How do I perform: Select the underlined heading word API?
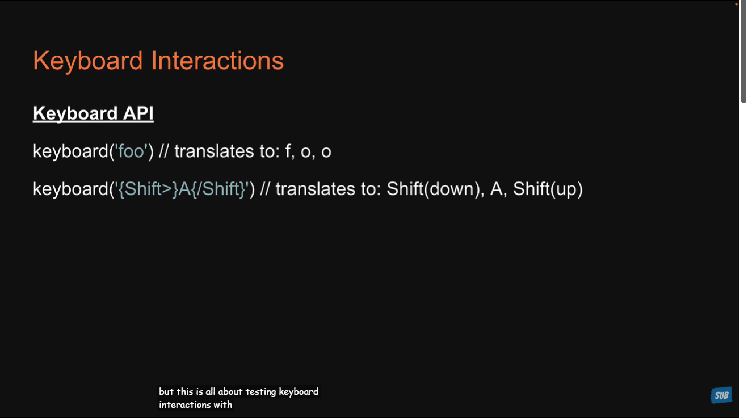point(138,113)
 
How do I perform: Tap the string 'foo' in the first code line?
point(131,151)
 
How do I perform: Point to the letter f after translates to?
point(288,151)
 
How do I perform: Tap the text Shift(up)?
point(548,189)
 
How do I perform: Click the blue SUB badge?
point(721,395)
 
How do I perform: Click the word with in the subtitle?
point(223,404)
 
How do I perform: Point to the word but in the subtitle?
point(166,391)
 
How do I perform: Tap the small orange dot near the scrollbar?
point(736,4)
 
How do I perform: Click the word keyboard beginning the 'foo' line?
point(70,151)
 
